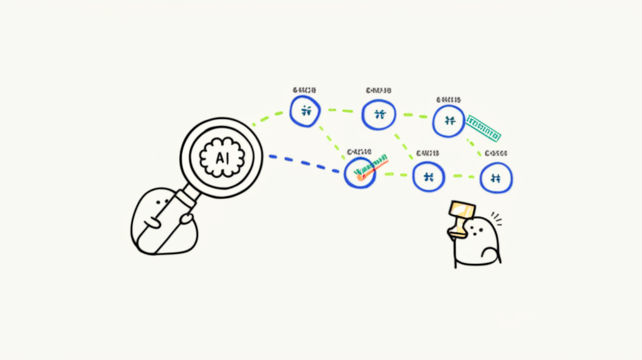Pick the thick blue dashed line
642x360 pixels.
coord(305,162)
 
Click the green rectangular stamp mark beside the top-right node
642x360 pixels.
coord(483,127)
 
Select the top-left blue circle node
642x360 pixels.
coord(305,112)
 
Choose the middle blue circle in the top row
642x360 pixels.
coord(379,115)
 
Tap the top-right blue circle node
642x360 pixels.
coord(449,120)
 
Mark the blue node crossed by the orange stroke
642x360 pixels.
coord(360,171)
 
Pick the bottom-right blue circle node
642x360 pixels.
coord(496,177)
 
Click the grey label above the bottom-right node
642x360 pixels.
coord(496,153)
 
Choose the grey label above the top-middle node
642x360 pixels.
coord(377,92)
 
